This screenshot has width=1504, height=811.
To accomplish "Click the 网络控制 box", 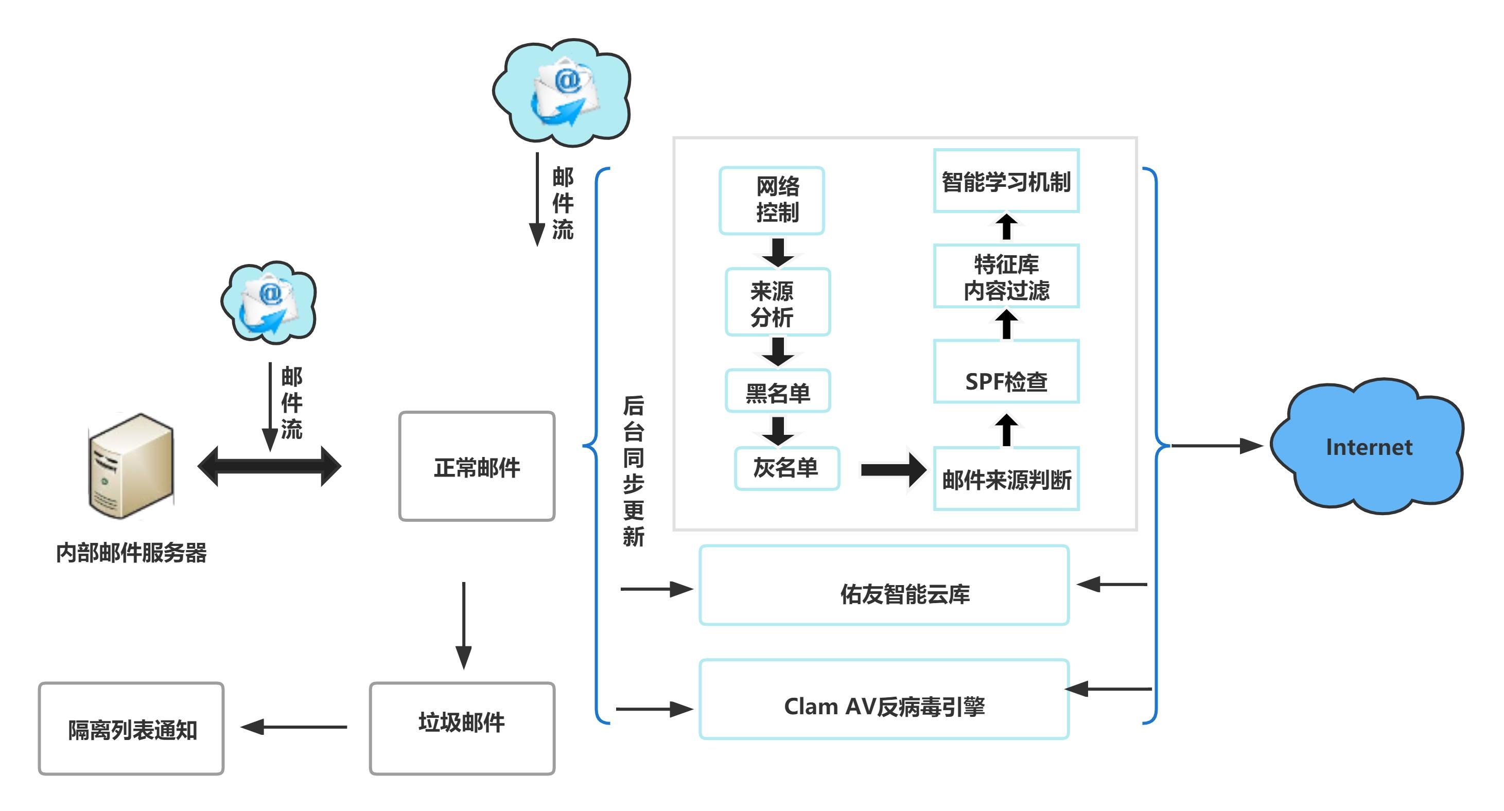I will [771, 200].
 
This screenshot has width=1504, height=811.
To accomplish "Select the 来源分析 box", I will [777, 302].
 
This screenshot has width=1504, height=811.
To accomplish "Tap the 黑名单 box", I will [777, 391].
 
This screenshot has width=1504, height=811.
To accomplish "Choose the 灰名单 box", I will [786, 468].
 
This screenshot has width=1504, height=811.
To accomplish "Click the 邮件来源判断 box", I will [1006, 479].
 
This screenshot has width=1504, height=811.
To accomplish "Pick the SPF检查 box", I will [1006, 372].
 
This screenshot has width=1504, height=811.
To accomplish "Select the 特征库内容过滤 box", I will [1006, 276].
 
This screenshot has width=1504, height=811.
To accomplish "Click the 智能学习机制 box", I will [1006, 181].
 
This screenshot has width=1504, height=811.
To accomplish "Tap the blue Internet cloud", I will [1368, 447].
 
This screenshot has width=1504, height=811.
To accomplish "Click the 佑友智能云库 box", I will [884, 586].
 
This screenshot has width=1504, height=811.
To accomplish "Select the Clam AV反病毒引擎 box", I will [884, 699].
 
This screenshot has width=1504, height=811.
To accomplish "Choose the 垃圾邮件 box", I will [462, 728].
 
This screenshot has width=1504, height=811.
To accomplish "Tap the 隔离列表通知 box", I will [131, 729].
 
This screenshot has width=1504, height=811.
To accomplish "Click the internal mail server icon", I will [131, 465].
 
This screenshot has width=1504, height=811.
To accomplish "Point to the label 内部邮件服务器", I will [131, 552].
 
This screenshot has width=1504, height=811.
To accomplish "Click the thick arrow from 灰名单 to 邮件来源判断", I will [892, 469].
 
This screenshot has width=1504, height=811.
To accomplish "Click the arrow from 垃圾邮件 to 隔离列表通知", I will [295, 727].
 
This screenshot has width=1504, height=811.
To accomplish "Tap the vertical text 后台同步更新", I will [633, 470].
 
